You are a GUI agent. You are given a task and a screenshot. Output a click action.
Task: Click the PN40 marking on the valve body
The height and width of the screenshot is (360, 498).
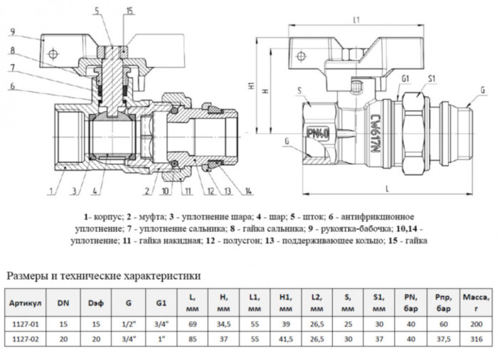pos(315,132)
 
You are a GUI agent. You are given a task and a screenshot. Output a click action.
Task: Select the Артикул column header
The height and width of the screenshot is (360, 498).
pos(26,305)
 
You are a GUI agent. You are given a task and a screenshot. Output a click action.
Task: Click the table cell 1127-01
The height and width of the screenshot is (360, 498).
pos(26,324)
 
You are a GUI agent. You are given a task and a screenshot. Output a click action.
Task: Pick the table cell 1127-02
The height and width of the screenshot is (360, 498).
pos(26,339)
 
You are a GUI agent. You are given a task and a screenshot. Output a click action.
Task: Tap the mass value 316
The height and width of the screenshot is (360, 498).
pos(470,339)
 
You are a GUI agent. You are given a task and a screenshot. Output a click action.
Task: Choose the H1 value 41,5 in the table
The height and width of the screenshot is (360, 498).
pos(285,339)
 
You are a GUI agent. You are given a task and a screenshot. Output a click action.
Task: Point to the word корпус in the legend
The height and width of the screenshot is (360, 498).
pos(112,216)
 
